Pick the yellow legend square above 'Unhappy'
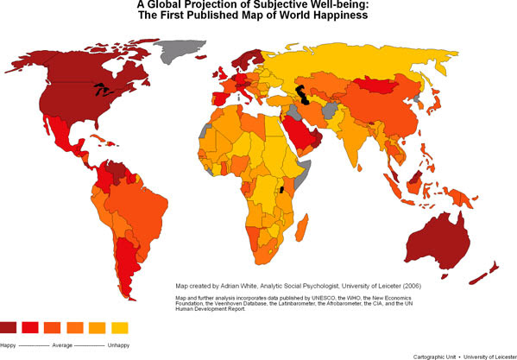tap(120, 327)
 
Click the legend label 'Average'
tap(62, 344)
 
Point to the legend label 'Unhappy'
tap(118, 344)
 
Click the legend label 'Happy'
tap(9, 344)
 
